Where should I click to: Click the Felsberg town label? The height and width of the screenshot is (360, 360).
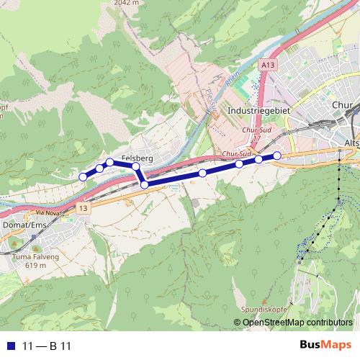(x=136, y=157)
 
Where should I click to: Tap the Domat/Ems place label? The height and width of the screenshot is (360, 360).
(x=22, y=225)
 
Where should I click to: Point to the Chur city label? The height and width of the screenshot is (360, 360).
(x=342, y=105)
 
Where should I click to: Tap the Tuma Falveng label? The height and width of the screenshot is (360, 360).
(x=30, y=256)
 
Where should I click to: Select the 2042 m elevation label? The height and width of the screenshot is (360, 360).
(x=125, y=3)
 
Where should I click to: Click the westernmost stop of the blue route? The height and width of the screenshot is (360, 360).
(x=83, y=176)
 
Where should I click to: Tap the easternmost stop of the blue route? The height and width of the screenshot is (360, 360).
(x=277, y=156)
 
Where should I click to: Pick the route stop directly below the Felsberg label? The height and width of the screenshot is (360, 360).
(x=135, y=166)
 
